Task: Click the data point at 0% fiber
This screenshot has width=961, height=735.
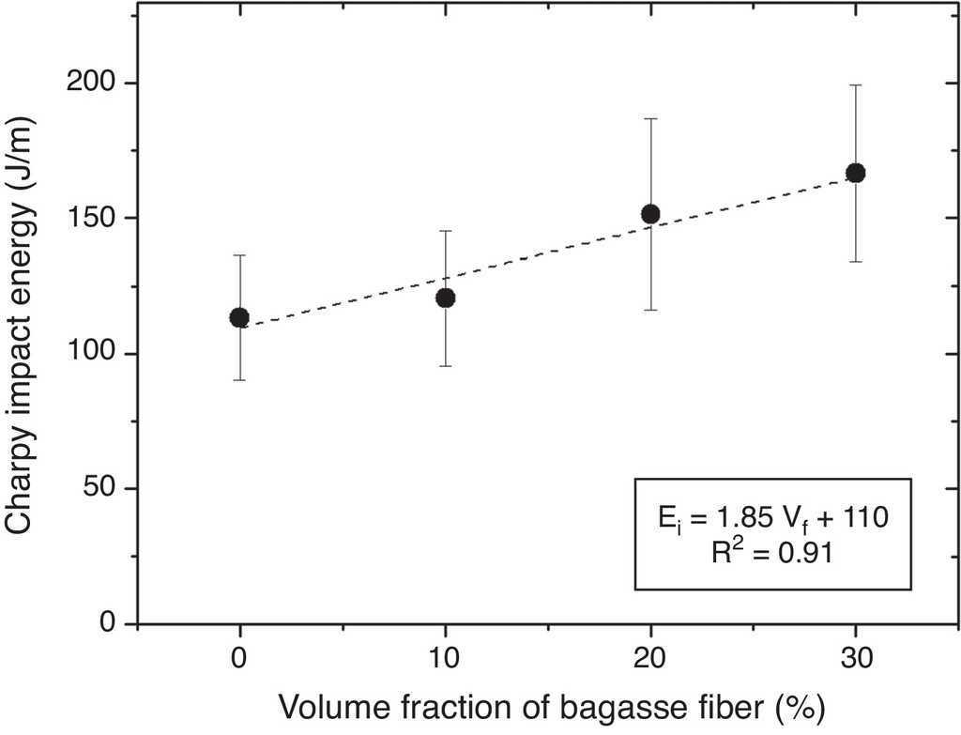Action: point(239,317)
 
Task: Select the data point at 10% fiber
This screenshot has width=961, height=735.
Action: point(446,298)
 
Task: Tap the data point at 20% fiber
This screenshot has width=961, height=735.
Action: point(650,214)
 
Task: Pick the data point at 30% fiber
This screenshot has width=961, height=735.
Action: point(855,173)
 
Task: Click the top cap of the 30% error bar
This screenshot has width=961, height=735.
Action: point(855,85)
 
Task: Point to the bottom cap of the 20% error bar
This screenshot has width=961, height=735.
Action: point(650,310)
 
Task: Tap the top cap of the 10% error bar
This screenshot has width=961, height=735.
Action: point(446,231)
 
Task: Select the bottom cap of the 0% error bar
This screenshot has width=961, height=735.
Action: point(239,380)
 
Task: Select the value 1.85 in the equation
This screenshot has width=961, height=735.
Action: point(741,517)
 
